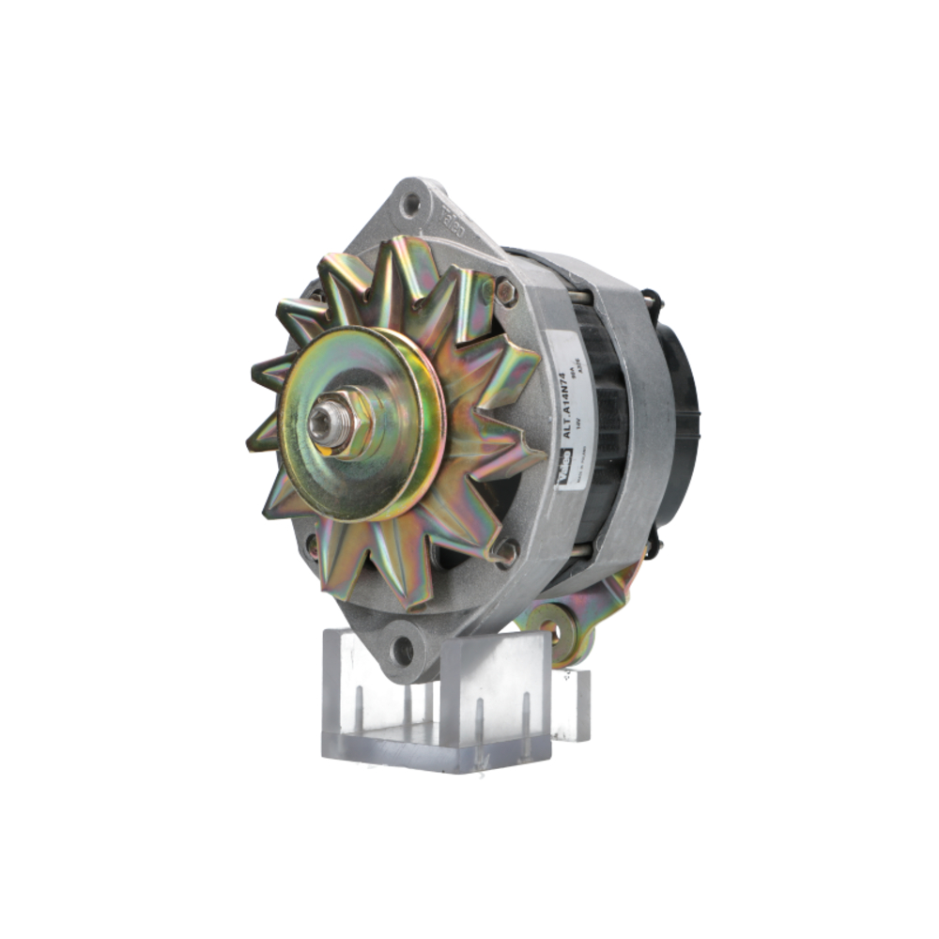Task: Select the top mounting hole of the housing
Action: (410, 202)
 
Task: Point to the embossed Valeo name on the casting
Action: (448, 217)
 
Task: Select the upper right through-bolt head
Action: (505, 292)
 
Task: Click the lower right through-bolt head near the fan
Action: (507, 551)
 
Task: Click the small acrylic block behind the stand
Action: (573, 704)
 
